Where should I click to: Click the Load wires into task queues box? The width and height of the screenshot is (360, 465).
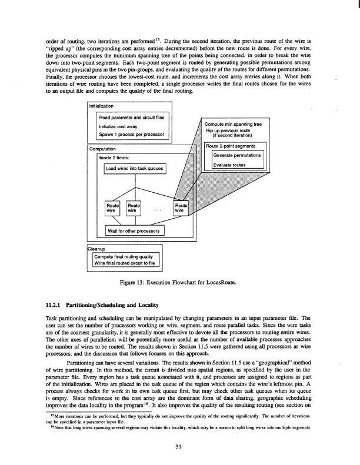pyautogui.click(x=135, y=169)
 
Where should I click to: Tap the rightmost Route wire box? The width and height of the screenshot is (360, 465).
pyautogui.click(x=182, y=206)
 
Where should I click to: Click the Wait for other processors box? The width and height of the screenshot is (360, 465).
pyautogui.click(x=135, y=230)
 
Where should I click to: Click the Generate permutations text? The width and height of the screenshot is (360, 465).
pyautogui.click(x=236, y=157)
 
